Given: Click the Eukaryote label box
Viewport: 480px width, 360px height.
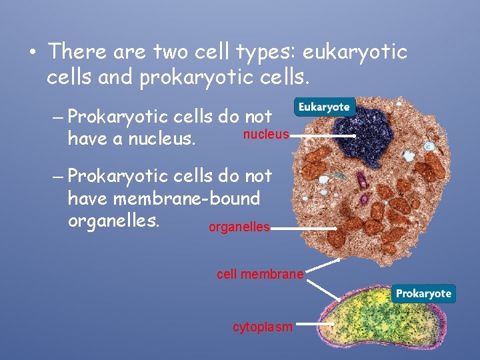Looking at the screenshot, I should (x=324, y=107).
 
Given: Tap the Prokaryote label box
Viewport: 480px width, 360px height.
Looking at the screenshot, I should (x=423, y=293).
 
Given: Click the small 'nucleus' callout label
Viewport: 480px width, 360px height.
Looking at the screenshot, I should (x=266, y=135).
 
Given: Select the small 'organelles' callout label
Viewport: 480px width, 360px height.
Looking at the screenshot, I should (x=239, y=228).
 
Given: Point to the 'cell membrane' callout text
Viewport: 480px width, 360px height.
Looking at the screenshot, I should (x=260, y=274).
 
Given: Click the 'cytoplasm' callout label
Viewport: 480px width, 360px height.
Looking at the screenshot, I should (x=262, y=327).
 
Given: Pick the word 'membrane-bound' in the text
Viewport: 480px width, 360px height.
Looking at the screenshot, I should (x=187, y=199).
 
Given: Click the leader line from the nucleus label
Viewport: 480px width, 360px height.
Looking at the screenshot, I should (x=323, y=136).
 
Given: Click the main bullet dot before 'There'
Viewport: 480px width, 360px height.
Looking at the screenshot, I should (x=33, y=53).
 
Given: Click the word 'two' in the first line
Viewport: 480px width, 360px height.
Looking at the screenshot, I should (x=172, y=51).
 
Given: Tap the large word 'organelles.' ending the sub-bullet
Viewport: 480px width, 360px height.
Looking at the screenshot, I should (x=114, y=221).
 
